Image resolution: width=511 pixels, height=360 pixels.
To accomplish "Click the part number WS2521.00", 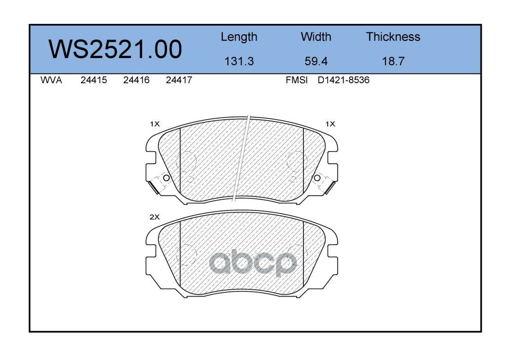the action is pos(115,49).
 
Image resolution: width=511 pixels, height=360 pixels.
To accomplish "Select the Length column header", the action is pos(239,37).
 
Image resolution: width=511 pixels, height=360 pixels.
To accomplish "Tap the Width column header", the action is pos(316,36).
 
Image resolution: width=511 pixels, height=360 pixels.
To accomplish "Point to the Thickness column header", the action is pos(393,36).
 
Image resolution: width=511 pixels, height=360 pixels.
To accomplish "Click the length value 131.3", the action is pos(239,61).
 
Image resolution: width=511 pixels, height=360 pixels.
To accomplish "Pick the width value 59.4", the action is pos(316,61).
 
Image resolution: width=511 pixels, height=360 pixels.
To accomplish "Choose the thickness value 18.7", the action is pos(393,61).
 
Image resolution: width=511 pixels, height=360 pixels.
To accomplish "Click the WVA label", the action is pos(51,80).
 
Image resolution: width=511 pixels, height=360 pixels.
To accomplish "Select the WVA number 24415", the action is pos(94,80).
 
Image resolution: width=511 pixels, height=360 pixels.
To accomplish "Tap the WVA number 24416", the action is pos(136,80).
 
